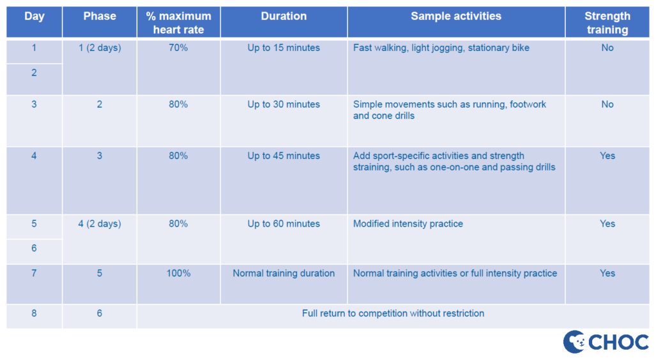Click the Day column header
[x=34, y=17]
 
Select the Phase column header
[x=100, y=17]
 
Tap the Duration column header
[x=284, y=17]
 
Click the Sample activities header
[x=456, y=17]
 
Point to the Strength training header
[x=607, y=23]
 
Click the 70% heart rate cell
[x=178, y=48]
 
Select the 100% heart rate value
[x=178, y=273]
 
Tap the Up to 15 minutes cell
[x=284, y=48]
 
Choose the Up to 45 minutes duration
[x=284, y=156]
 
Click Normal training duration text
[x=284, y=273]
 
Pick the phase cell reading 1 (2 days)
[x=100, y=48]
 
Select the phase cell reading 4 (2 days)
[x=100, y=224]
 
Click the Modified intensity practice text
[x=408, y=224]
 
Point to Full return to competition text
[x=393, y=313]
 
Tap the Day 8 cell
[x=34, y=313]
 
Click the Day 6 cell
[x=34, y=248]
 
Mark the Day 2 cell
[x=34, y=73]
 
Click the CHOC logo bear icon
[x=575, y=341]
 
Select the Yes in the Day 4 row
[x=607, y=156]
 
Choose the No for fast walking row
[x=607, y=48]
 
